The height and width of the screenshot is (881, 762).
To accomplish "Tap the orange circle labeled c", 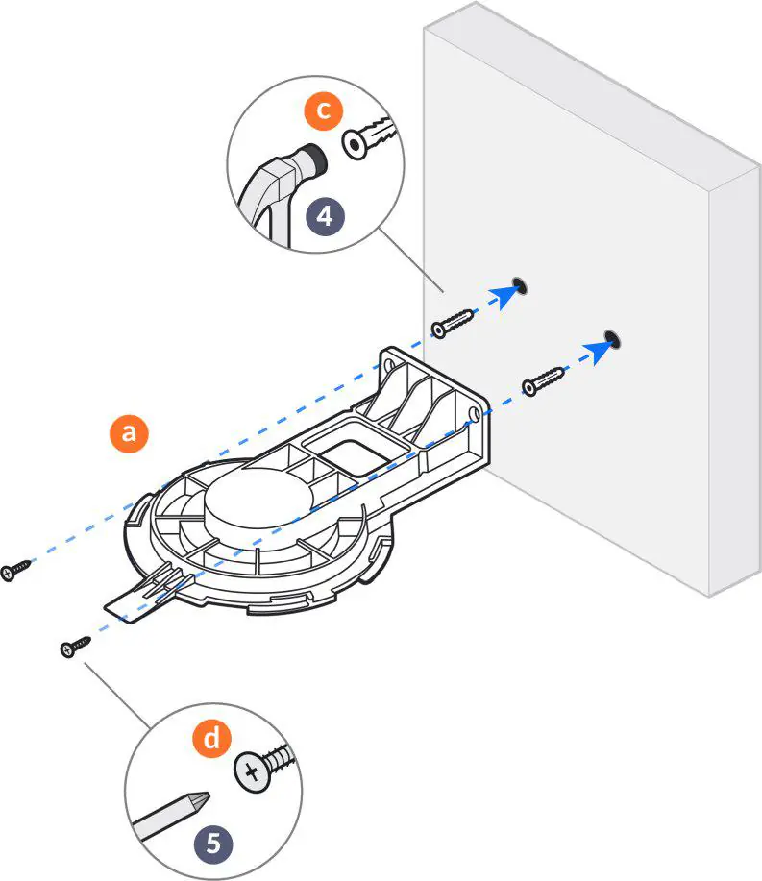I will (x=324, y=110).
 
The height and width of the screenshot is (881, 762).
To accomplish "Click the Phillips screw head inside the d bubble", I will (x=253, y=771).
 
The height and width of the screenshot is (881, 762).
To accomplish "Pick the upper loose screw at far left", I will (x=17, y=569).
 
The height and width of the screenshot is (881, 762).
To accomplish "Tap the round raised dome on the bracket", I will (x=258, y=500).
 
